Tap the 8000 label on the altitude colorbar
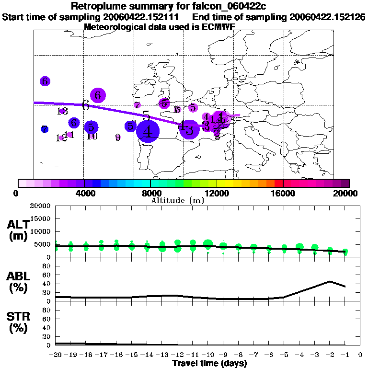(x=150, y=194)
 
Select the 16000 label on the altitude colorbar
(x=283, y=194)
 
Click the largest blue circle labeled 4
(x=148, y=131)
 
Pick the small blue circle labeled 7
(x=45, y=129)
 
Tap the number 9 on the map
(x=118, y=138)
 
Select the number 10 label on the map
(x=92, y=136)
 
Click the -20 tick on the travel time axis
(x=56, y=355)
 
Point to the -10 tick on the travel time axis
(x=208, y=355)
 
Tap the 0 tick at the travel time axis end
(x=360, y=355)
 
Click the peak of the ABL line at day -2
(x=330, y=281)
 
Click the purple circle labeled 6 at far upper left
(x=45, y=81)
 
